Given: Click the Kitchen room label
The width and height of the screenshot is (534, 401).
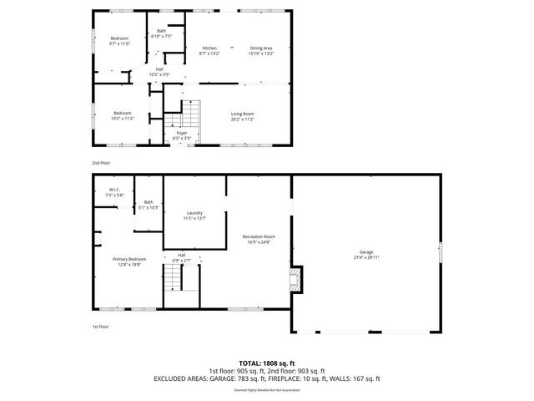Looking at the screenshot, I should pos(209,50).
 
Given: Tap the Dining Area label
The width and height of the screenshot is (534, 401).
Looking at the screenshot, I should pos(261,50).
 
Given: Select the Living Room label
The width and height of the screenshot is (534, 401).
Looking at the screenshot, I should pos(243,116).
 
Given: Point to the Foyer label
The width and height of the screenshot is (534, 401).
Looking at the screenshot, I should pos(181,135).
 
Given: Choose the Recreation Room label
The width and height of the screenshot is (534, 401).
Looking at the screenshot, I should pos(259,240).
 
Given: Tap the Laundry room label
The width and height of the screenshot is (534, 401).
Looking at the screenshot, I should pos(194,216).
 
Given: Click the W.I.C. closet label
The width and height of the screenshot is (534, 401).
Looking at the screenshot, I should pos(115,192).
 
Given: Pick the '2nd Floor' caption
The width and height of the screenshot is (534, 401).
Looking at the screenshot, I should pos(101,163).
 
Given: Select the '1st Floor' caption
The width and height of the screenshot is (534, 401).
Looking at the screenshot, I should pos(101,327).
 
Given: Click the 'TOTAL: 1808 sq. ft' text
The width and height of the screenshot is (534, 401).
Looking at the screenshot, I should pos(266,363).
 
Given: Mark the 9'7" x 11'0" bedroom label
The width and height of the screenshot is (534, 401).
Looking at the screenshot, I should pos(122,40).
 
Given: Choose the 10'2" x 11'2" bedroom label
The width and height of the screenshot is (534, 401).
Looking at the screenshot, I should pos(123,115).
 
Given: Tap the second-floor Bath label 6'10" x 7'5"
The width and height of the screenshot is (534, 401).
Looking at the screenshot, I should pos(161,34).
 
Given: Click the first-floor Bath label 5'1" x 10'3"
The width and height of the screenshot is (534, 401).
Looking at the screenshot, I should pos(149,205).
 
